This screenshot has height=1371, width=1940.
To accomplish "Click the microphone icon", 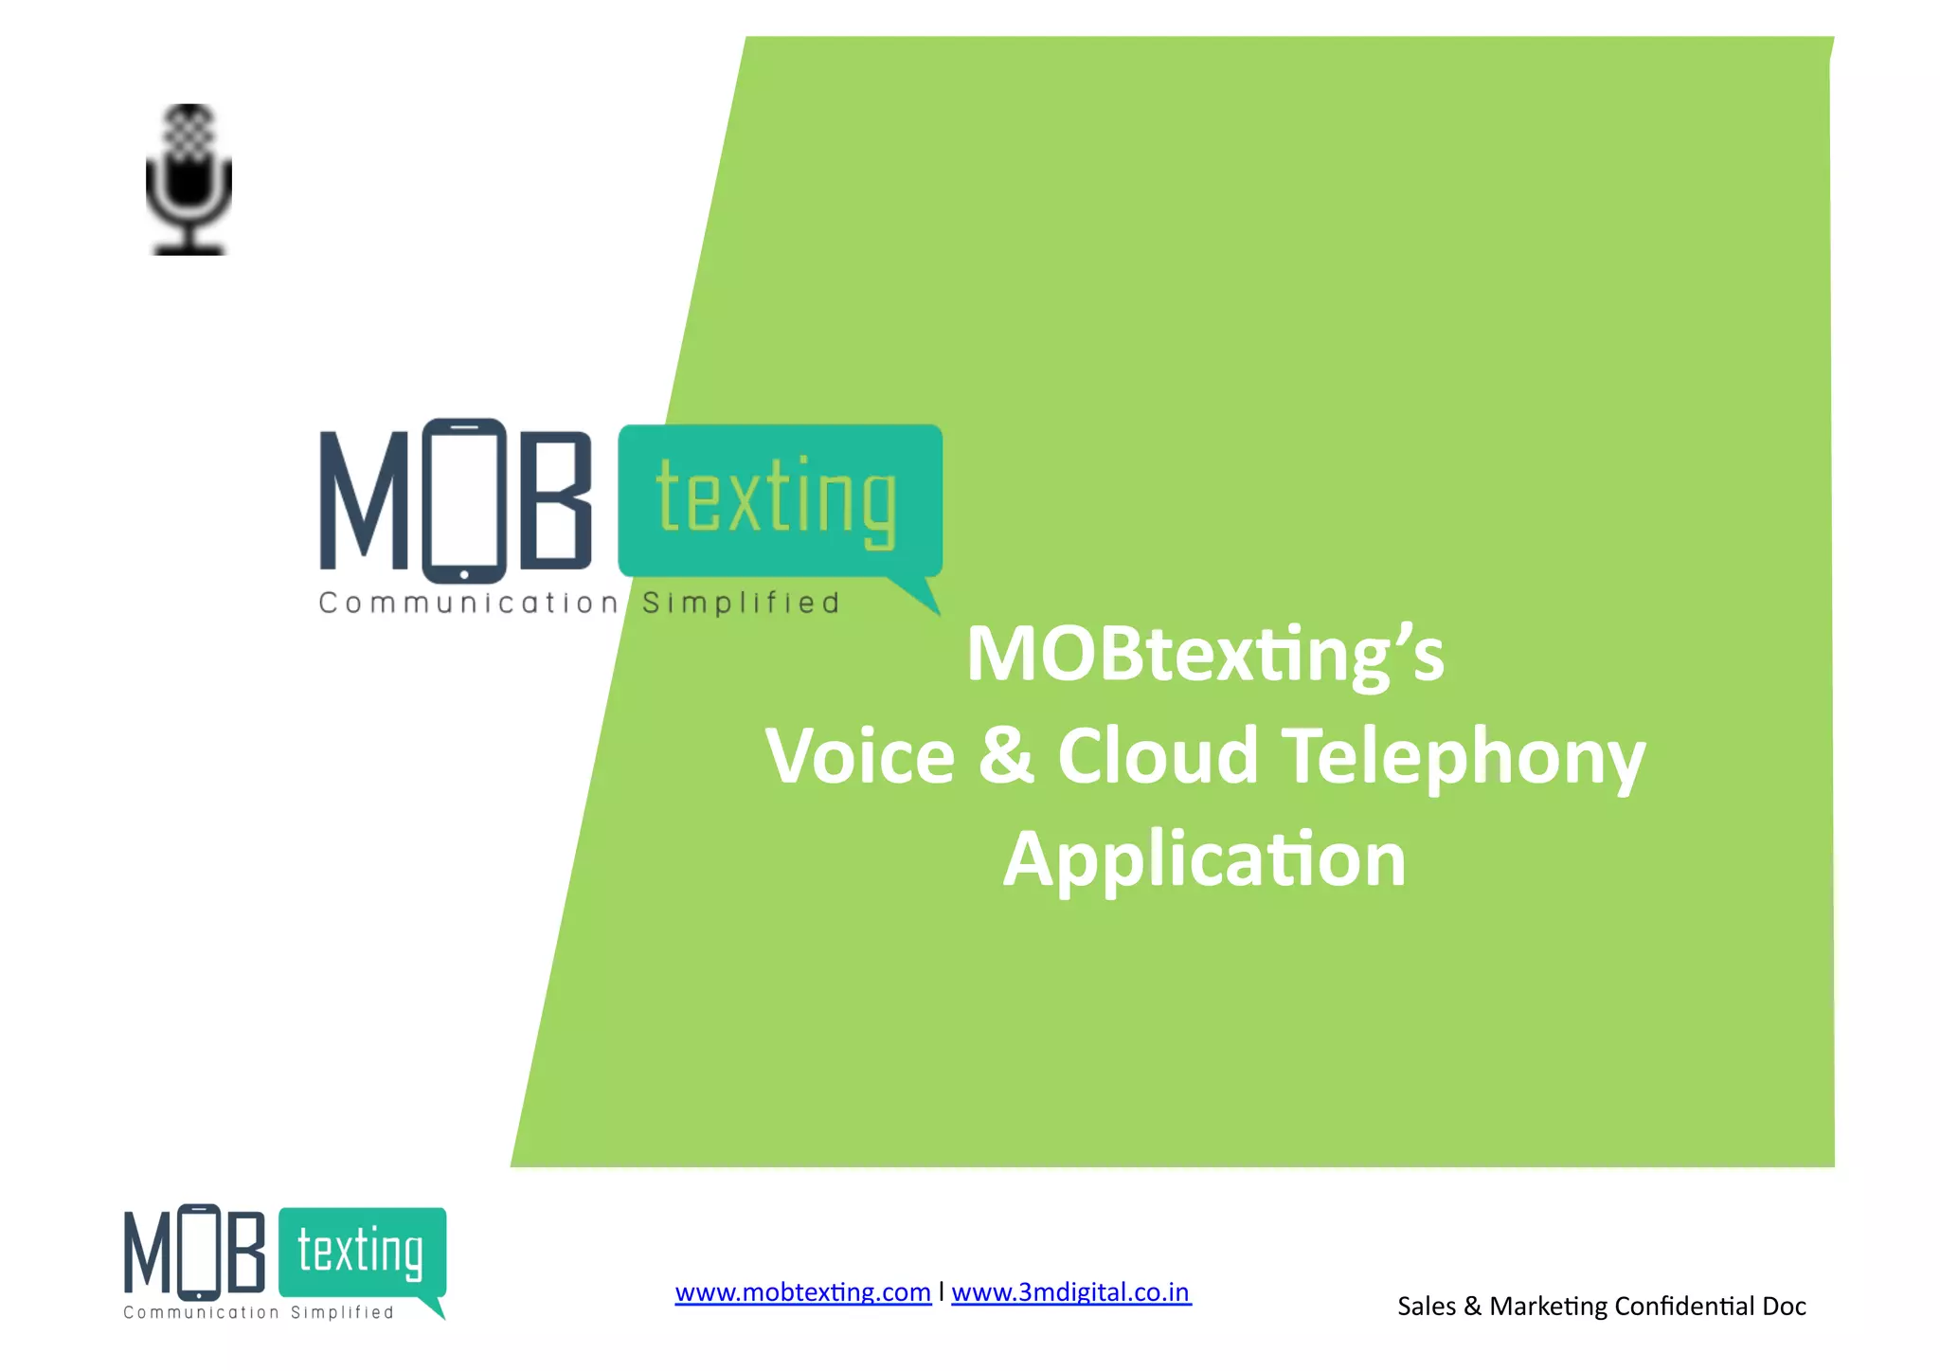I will pyautogui.click(x=189, y=180).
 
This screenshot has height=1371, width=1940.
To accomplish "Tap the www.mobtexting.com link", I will pyautogui.click(x=802, y=1292).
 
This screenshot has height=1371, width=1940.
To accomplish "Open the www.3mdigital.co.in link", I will pyautogui.click(x=1070, y=1292).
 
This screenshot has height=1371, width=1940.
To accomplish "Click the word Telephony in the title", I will pyautogui.click(x=1464, y=757).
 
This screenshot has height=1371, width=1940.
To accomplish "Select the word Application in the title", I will pyautogui.click(x=1204, y=859).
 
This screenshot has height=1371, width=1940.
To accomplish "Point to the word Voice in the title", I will pyautogui.click(x=860, y=757).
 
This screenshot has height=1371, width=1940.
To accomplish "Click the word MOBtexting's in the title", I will pyautogui.click(x=1205, y=654).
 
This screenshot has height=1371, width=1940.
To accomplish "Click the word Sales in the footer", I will pyautogui.click(x=1426, y=1307).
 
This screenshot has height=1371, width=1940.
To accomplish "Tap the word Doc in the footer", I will pyautogui.click(x=1784, y=1307).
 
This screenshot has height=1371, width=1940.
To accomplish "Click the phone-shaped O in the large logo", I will pyautogui.click(x=463, y=500).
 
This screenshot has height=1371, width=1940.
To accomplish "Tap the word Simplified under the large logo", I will pyautogui.click(x=741, y=604).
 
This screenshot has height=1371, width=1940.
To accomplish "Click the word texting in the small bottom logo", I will pyautogui.click(x=360, y=1252).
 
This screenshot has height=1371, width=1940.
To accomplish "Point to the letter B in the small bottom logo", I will pyautogui.click(x=246, y=1254).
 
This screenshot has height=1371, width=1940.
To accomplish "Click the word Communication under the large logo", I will pyautogui.click(x=468, y=604).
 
